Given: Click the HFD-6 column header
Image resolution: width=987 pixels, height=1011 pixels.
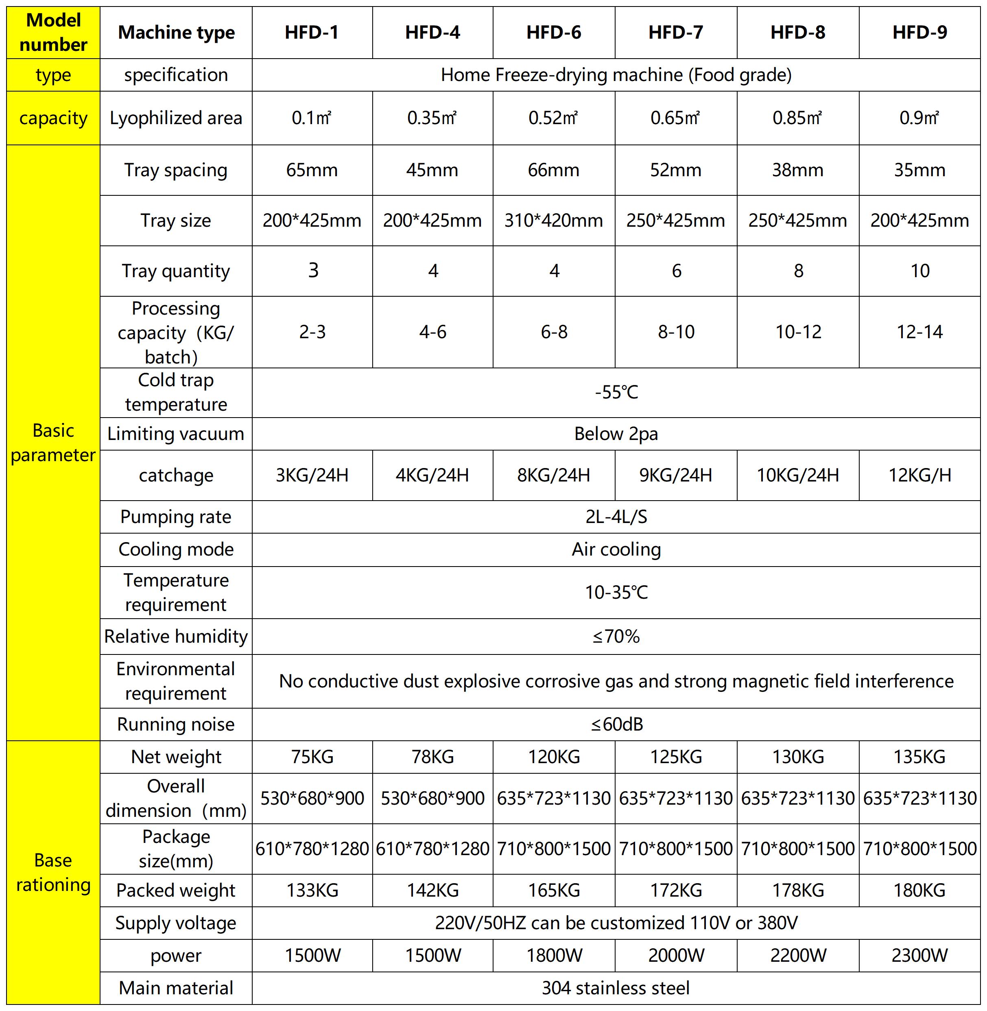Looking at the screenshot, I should [554, 33].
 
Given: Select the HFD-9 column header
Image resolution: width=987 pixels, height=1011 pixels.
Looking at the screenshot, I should [919, 33].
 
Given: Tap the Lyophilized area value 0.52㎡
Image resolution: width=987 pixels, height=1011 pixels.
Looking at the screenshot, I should [553, 118].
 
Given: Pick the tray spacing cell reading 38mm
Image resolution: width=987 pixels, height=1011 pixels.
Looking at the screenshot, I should [798, 170].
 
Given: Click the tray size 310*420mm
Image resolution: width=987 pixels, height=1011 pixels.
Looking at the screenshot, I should [554, 220].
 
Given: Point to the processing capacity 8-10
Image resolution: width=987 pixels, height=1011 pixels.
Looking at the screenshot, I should [676, 332].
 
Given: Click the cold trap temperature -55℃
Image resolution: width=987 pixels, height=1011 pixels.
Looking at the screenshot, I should [616, 392].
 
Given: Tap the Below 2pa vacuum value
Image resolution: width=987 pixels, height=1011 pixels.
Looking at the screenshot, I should [616, 433].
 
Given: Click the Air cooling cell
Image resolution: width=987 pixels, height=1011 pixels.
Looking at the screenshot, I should [616, 549].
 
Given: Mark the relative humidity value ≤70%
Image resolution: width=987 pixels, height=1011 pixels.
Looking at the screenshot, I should [616, 636].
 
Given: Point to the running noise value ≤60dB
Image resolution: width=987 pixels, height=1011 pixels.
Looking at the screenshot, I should [616, 724].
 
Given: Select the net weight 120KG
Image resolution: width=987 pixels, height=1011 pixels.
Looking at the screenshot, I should [554, 757].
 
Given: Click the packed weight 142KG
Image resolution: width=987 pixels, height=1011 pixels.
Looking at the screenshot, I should [433, 890].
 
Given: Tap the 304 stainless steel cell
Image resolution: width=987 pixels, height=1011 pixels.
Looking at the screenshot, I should [616, 988].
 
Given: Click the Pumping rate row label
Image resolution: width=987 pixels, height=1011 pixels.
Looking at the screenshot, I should [176, 517].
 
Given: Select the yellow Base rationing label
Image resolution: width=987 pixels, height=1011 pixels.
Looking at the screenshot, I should [53, 873].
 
